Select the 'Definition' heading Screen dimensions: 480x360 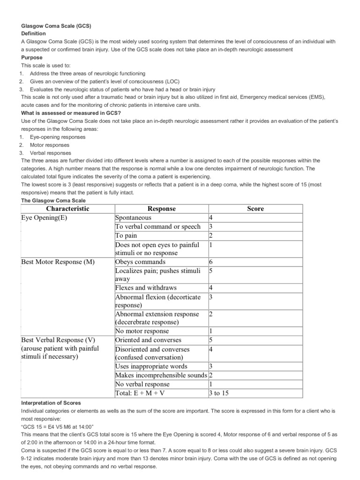pyautogui.click(x=34, y=34)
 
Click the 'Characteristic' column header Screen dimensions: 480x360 pyautogui.click(x=67, y=209)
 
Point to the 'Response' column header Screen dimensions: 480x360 pyautogui.click(x=161, y=209)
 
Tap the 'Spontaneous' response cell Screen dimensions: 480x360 pyautogui.click(x=134, y=218)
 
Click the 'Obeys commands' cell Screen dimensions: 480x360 pyautogui.click(x=140, y=262)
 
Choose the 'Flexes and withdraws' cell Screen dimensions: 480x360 pyautogui.click(x=146, y=288)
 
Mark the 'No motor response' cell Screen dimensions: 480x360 pyautogui.click(x=142, y=331)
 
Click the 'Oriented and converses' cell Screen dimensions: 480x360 pyautogui.click(x=148, y=340)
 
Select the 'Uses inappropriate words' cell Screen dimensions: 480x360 pyautogui.click(x=151, y=366)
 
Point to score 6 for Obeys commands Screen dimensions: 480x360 pyautogui.click(x=211, y=262)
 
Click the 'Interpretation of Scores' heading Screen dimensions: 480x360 pyautogui.click(x=51, y=403)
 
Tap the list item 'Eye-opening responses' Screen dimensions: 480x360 pyautogui.click(x=58, y=137)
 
